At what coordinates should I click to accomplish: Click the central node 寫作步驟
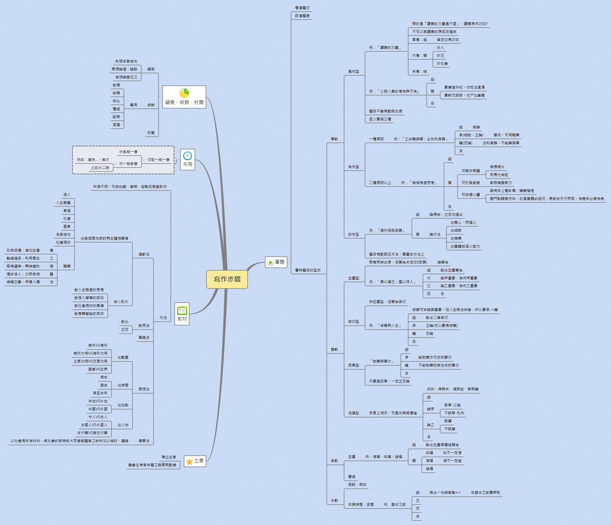click(x=227, y=279)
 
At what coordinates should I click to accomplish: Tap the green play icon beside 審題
click(x=270, y=262)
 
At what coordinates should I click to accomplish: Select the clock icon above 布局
click(x=187, y=156)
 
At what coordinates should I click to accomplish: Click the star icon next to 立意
click(x=189, y=461)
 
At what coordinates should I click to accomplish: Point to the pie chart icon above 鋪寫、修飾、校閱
click(x=184, y=93)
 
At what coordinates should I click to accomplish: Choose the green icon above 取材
click(x=182, y=310)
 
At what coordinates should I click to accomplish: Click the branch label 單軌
click(x=334, y=139)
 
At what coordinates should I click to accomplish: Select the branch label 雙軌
click(x=334, y=350)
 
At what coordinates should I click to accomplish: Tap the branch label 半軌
click(x=334, y=501)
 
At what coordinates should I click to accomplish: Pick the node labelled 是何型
click(x=353, y=72)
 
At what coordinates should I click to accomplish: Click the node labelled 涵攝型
click(x=353, y=413)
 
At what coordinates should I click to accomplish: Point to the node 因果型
click(x=353, y=365)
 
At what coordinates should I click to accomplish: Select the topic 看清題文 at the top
click(x=302, y=8)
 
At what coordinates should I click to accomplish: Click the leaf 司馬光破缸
click(x=499, y=175)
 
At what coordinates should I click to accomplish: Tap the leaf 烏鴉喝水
click(x=497, y=167)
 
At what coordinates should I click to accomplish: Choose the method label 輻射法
click(x=144, y=254)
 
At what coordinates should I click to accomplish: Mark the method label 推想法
click(x=144, y=389)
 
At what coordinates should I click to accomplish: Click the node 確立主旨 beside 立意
click(x=169, y=457)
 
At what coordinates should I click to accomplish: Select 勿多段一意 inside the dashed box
click(x=128, y=152)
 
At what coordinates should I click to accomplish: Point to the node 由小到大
click(x=121, y=302)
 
